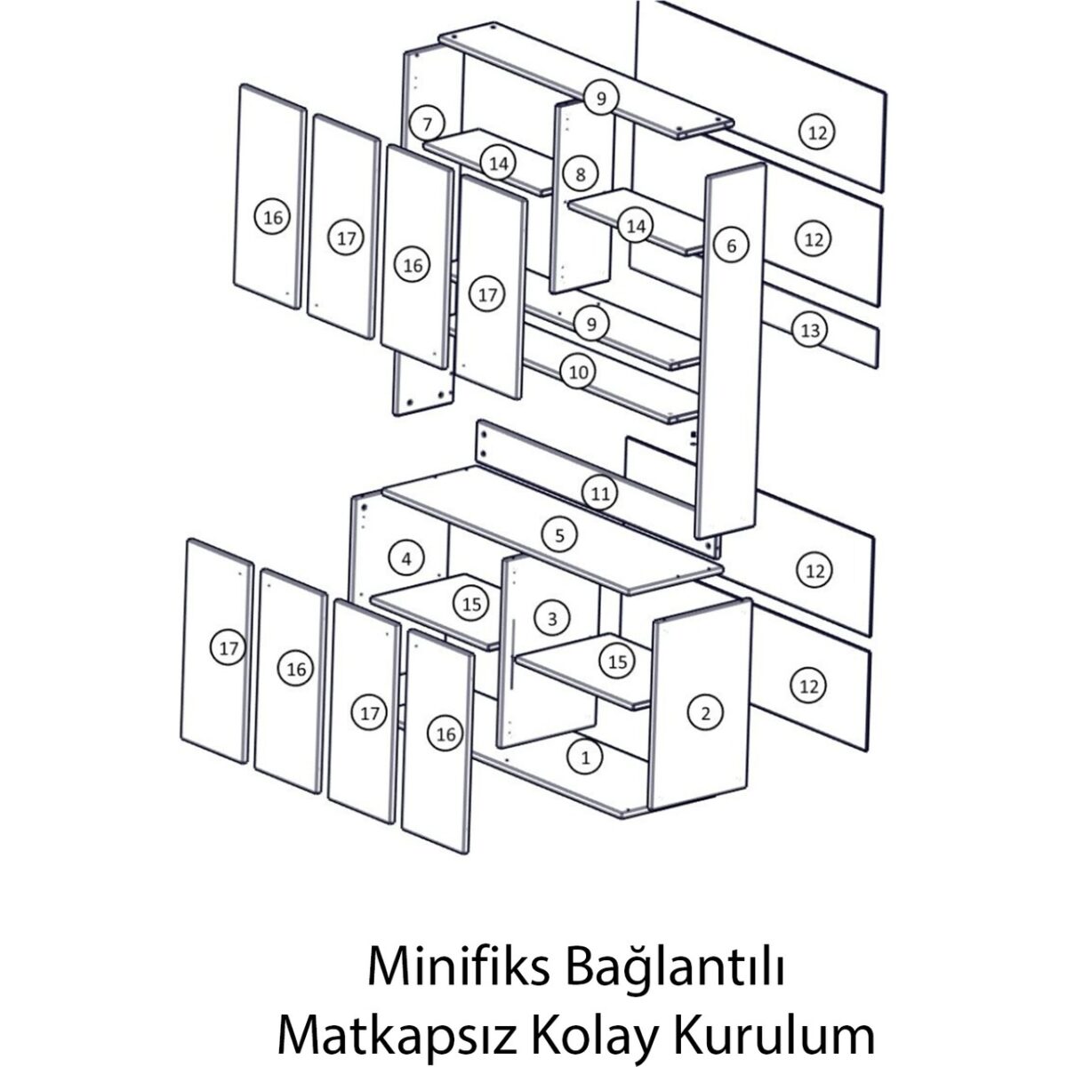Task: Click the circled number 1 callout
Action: (585, 758)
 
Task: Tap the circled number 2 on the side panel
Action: (705, 713)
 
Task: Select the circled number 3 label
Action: (552, 618)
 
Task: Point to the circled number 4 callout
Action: (406, 558)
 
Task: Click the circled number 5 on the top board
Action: (559, 535)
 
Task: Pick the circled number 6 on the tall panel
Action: (732, 245)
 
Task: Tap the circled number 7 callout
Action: (427, 124)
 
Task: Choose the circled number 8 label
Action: (581, 174)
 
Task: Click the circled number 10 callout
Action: (578, 372)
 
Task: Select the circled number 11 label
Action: (600, 493)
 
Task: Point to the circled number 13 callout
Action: (810, 330)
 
